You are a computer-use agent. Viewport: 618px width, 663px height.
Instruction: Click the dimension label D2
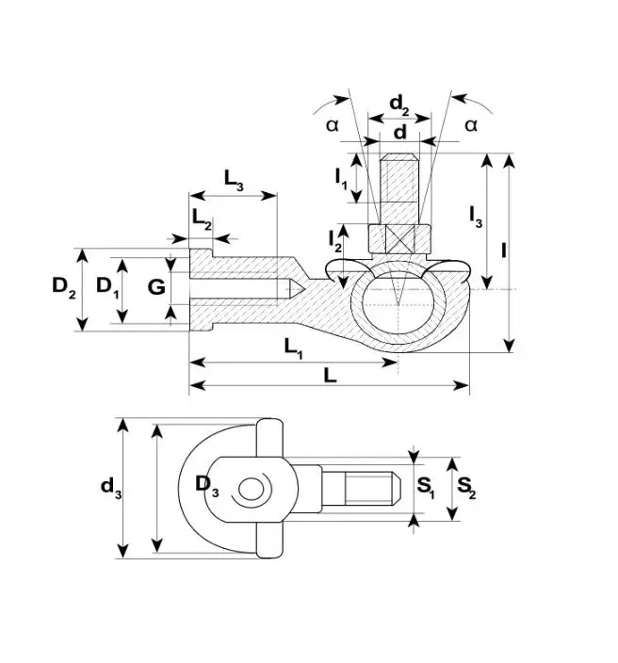point(64,287)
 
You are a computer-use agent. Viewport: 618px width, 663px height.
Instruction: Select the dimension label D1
point(107,287)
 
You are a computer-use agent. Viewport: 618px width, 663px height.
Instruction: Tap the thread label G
point(156,287)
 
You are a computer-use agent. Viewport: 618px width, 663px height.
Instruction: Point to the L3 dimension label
point(234,180)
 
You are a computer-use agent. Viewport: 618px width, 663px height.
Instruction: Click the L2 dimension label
point(202,219)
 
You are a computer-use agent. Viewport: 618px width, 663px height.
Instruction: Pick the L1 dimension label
point(294,348)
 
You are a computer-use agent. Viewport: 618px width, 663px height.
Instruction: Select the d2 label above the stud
point(399,105)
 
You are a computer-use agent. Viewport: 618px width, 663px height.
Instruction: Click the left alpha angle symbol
point(333,125)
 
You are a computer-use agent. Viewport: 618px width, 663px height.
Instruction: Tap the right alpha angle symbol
point(471,125)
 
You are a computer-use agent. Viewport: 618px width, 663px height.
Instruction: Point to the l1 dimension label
point(341,178)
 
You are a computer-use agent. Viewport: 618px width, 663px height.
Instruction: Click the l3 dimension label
point(476,218)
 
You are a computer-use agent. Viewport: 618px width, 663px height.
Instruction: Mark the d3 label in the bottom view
point(111,488)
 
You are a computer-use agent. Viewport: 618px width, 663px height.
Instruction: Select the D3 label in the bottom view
point(207,485)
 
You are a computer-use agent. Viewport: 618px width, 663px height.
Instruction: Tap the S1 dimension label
point(426,488)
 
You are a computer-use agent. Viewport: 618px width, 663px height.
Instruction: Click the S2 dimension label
point(466,488)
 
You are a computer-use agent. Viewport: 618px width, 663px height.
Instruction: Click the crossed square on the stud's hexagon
point(399,240)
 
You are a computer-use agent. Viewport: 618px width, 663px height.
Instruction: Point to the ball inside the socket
point(398,304)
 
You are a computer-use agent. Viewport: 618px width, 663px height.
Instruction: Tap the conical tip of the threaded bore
point(296,289)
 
